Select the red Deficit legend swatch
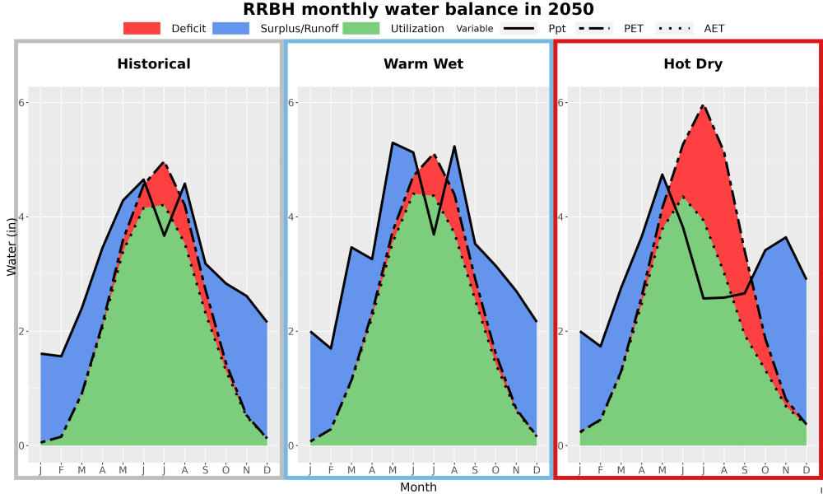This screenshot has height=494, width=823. tap(142, 28)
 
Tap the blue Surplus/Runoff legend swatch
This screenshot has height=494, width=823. tap(231, 28)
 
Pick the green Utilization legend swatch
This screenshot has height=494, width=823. tap(361, 28)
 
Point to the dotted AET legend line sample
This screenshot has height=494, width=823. tap(674, 28)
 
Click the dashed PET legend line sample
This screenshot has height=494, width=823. tap(594, 28)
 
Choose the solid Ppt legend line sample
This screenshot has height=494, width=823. tap(518, 28)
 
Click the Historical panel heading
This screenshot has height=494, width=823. tap(154, 64)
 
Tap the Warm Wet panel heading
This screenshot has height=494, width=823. tap(424, 64)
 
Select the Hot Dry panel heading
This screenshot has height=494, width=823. tap(693, 64)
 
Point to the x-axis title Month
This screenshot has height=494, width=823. tap(418, 487)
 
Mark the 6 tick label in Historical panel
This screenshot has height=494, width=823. tap(23, 102)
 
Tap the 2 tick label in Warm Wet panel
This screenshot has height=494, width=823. tap(292, 331)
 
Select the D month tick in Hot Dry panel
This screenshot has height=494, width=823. tap(807, 470)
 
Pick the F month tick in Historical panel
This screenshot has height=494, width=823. tap(61, 470)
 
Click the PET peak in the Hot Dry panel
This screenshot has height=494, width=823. tap(703, 105)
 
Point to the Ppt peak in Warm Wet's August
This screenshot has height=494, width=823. tap(453, 147)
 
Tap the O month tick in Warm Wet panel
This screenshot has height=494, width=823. tap(495, 470)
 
